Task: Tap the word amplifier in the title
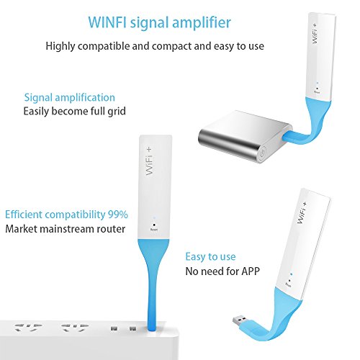coord(202,23)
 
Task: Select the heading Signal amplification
coord(70,98)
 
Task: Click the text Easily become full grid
coord(74,112)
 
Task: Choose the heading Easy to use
coord(210,257)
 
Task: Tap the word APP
coord(251,271)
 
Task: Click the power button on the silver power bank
coord(264,152)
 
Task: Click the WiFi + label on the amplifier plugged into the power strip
coord(149,161)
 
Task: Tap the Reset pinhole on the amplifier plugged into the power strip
coord(154,225)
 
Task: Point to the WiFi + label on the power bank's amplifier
coord(315,34)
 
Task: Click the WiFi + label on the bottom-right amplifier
coord(302,213)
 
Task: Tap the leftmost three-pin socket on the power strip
coord(28,328)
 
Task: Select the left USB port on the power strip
coord(114,328)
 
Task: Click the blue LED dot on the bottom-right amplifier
coord(292,274)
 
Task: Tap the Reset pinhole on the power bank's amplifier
coord(318,89)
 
